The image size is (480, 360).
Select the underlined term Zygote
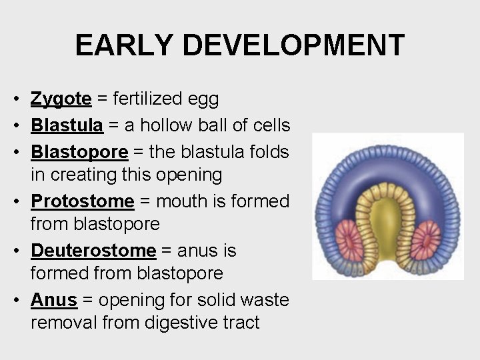[61, 99]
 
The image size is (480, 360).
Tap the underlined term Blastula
[67, 125]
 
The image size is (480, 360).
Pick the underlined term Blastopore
[79, 152]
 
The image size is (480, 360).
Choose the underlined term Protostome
[83, 201]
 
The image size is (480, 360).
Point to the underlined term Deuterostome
[93, 251]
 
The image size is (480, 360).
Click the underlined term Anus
[54, 300]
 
